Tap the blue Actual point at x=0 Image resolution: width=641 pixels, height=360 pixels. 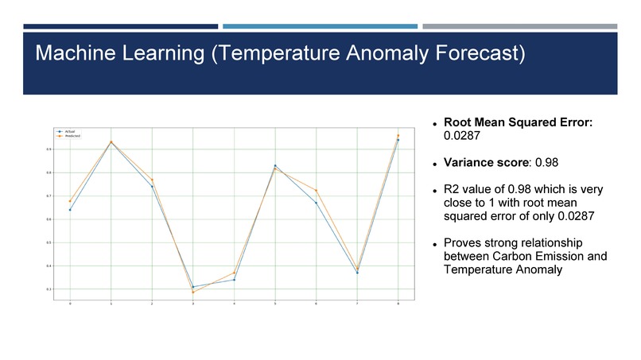click(x=70, y=210)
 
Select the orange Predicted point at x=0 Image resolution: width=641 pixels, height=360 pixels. click(x=70, y=201)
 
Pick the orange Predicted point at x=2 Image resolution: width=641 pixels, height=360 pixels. click(x=152, y=180)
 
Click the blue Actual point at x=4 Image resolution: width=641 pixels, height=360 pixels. click(x=234, y=280)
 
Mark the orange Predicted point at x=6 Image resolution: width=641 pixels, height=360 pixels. click(x=317, y=191)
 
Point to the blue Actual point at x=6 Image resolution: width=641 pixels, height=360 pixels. click(x=317, y=203)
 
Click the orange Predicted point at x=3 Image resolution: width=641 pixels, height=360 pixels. click(x=193, y=292)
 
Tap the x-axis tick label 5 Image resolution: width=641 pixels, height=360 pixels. click(x=275, y=304)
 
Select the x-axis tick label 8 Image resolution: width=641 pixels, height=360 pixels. click(x=398, y=304)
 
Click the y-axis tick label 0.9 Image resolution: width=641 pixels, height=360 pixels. click(x=49, y=149)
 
